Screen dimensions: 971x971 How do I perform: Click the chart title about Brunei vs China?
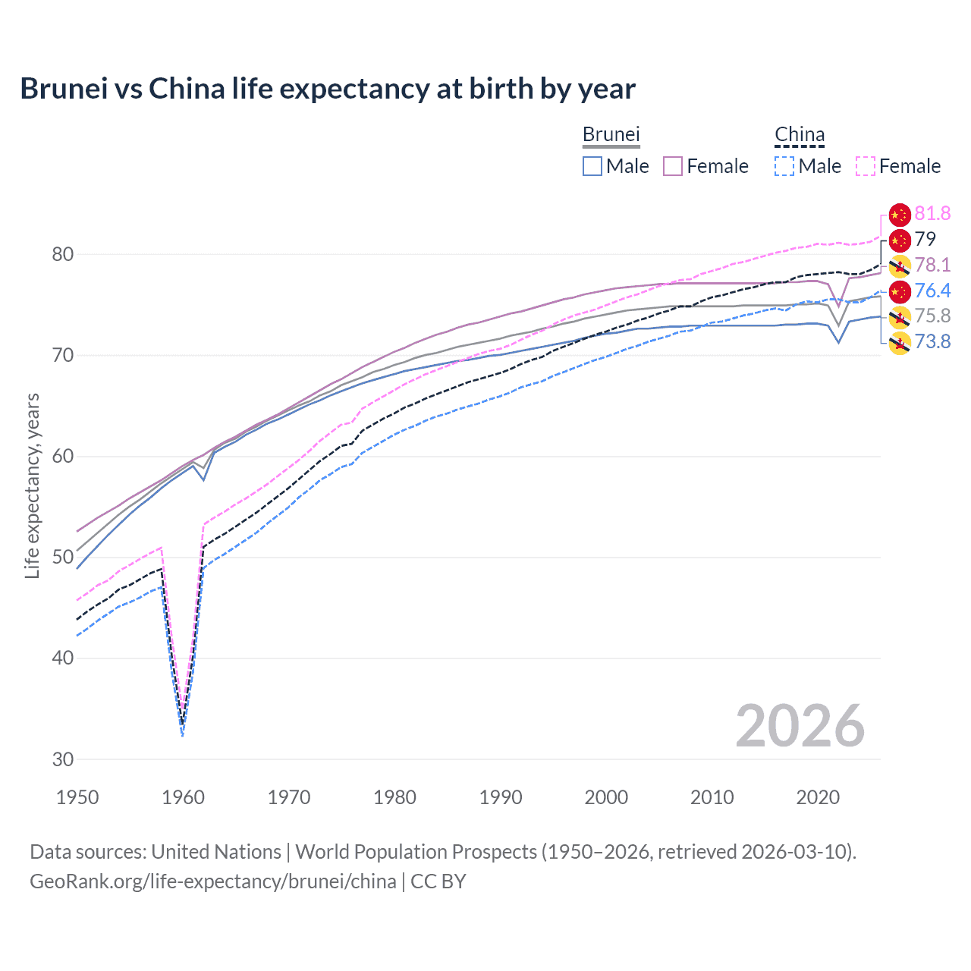(327, 89)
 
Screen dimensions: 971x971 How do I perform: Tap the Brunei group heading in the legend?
(611, 134)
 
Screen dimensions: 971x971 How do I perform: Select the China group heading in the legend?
(799, 135)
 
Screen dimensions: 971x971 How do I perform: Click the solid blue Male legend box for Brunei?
(592, 166)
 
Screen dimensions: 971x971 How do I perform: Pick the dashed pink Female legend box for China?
(866, 166)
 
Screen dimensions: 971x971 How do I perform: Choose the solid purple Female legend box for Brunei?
(673, 166)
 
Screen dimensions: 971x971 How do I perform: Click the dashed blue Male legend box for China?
(784, 166)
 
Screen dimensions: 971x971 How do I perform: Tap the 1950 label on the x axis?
(77, 797)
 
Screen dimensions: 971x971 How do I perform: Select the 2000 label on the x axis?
(606, 797)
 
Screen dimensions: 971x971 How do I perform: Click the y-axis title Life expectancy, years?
(32, 485)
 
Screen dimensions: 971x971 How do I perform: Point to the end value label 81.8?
(932, 214)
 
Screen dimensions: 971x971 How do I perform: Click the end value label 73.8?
(932, 342)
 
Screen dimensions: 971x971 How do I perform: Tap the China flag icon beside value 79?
(900, 240)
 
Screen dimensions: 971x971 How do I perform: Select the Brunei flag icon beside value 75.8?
(900, 317)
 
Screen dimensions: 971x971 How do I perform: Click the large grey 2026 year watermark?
(800, 726)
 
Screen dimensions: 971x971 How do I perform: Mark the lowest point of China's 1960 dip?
(182, 734)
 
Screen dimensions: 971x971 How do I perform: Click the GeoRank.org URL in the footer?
(213, 881)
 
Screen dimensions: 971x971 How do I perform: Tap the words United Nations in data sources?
(216, 852)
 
